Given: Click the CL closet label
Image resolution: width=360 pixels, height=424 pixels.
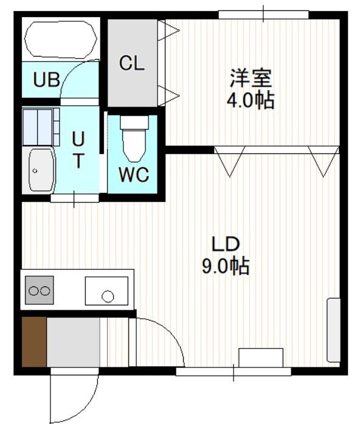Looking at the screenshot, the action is [x=132, y=63].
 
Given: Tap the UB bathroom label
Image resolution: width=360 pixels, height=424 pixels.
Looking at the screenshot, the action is [x=46, y=80].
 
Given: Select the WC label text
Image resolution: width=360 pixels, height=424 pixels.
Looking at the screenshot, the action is [x=134, y=175].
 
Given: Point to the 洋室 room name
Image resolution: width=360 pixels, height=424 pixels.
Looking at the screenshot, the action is [x=251, y=78].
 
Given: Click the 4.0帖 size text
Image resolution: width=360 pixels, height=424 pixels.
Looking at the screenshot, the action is [x=251, y=100].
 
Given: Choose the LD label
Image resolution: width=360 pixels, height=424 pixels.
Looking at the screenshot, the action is [x=226, y=244].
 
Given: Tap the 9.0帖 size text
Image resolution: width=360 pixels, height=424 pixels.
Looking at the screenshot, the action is [x=226, y=266].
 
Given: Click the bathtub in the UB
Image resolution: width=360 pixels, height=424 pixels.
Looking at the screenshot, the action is [x=61, y=39].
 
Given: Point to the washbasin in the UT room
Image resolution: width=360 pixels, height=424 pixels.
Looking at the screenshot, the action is [x=41, y=170].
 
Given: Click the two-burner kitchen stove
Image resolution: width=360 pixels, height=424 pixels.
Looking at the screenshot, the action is [x=40, y=290].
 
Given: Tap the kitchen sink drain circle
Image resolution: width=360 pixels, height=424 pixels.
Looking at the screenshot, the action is [x=108, y=296].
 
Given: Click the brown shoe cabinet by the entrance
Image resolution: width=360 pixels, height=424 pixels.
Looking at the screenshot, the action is [x=34, y=342].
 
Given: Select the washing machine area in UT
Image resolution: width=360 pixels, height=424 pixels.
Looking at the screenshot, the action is [x=41, y=127].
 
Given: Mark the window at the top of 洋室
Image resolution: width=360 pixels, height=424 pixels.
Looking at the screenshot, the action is [x=263, y=15].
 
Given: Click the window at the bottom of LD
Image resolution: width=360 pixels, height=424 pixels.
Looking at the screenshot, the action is [x=234, y=371].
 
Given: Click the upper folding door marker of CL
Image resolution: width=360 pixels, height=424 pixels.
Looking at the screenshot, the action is [x=168, y=30].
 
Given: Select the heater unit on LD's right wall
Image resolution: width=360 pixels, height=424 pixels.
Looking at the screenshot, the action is [x=333, y=330].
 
